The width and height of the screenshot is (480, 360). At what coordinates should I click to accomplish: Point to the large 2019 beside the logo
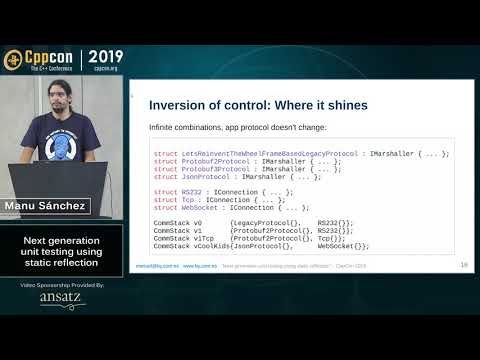107,56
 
